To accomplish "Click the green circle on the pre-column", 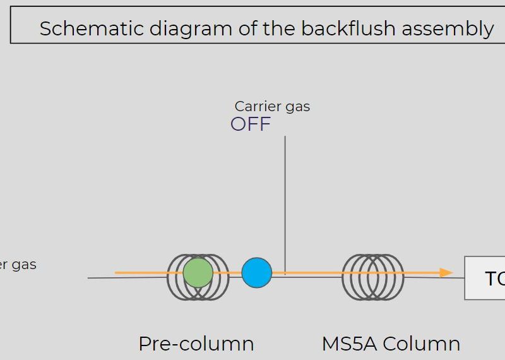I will pyautogui.click(x=198, y=273).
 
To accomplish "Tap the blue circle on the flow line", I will pyautogui.click(x=257, y=273).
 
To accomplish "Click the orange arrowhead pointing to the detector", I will pyautogui.click(x=447, y=273).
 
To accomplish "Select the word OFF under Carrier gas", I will pyautogui.click(x=251, y=124).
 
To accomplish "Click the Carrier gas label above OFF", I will pyautogui.click(x=272, y=106).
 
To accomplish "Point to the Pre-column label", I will pyautogui.click(x=196, y=344).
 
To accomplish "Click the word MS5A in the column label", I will pyautogui.click(x=349, y=344).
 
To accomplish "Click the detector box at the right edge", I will pyautogui.click(x=485, y=278).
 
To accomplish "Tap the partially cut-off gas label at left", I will pyautogui.click(x=18, y=264).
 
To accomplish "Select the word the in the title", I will pyautogui.click(x=280, y=28).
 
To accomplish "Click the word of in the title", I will pyautogui.click(x=246, y=28).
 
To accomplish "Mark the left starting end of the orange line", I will pyautogui.click(x=116, y=273).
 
